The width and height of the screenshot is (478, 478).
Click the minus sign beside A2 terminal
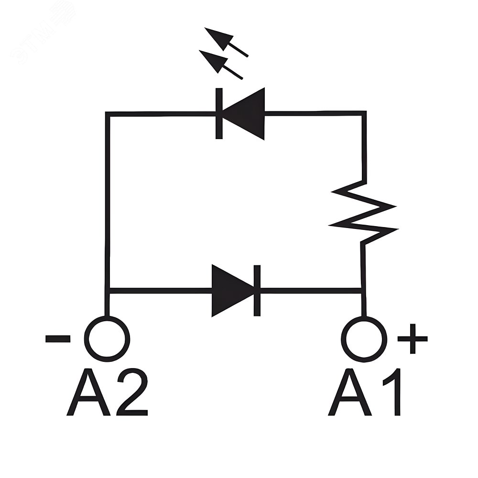coord(58,339)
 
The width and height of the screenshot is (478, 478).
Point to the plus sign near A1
coord(412,338)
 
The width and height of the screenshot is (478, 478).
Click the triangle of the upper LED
coord(247,114)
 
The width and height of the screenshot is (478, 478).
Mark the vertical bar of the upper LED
coord(219,114)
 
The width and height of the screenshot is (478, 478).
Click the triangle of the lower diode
coord(230,290)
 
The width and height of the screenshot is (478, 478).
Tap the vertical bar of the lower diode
coord(257,290)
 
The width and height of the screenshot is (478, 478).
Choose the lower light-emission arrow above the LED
coord(219,64)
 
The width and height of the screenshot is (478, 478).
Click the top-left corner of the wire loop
coord(108,114)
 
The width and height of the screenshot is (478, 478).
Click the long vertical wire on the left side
coord(108,201)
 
